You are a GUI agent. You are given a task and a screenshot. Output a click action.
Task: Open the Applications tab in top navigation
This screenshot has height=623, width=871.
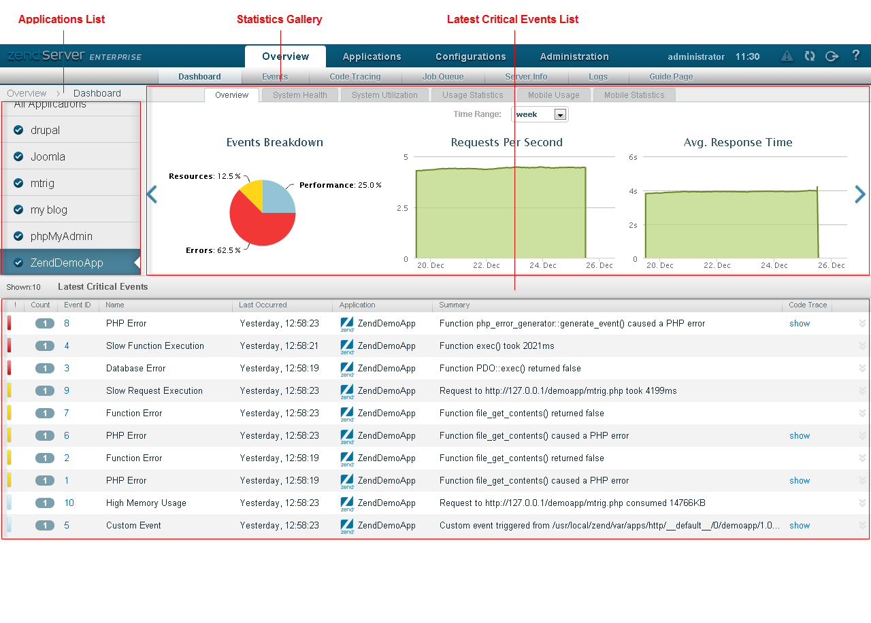point(372,56)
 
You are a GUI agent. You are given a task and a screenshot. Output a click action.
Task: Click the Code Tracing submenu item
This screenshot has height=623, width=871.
point(355,77)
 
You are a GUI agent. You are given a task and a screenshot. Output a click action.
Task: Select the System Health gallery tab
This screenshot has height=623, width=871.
point(300,95)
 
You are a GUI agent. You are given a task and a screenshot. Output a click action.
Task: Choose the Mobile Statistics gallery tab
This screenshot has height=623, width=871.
point(634,95)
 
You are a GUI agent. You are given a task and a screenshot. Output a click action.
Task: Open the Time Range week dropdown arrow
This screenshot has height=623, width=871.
point(560,115)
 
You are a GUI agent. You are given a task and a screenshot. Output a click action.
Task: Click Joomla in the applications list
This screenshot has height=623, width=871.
point(48,156)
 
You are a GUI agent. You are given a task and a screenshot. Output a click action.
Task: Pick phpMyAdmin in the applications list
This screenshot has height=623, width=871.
point(61,236)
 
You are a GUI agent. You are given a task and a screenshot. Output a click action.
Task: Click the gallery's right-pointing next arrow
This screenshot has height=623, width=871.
point(859,195)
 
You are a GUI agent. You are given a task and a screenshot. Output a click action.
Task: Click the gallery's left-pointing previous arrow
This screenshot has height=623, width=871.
point(152,195)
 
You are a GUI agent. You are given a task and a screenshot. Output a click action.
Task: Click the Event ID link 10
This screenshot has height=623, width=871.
point(69,503)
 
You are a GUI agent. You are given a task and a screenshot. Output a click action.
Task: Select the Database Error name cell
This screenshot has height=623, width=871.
point(135,369)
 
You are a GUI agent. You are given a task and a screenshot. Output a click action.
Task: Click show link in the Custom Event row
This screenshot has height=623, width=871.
point(800,526)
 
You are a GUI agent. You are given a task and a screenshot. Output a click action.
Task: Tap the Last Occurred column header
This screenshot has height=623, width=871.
point(263,305)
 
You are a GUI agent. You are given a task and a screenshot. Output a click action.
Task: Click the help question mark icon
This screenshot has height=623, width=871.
point(855,55)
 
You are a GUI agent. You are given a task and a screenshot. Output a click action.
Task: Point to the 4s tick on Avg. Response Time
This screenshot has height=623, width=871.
point(633,191)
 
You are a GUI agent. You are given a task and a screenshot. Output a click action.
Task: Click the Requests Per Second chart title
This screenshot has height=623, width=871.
point(507,142)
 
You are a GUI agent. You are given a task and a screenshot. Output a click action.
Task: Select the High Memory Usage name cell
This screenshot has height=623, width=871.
point(146,503)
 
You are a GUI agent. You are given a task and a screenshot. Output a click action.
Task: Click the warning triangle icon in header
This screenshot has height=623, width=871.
point(787,56)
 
